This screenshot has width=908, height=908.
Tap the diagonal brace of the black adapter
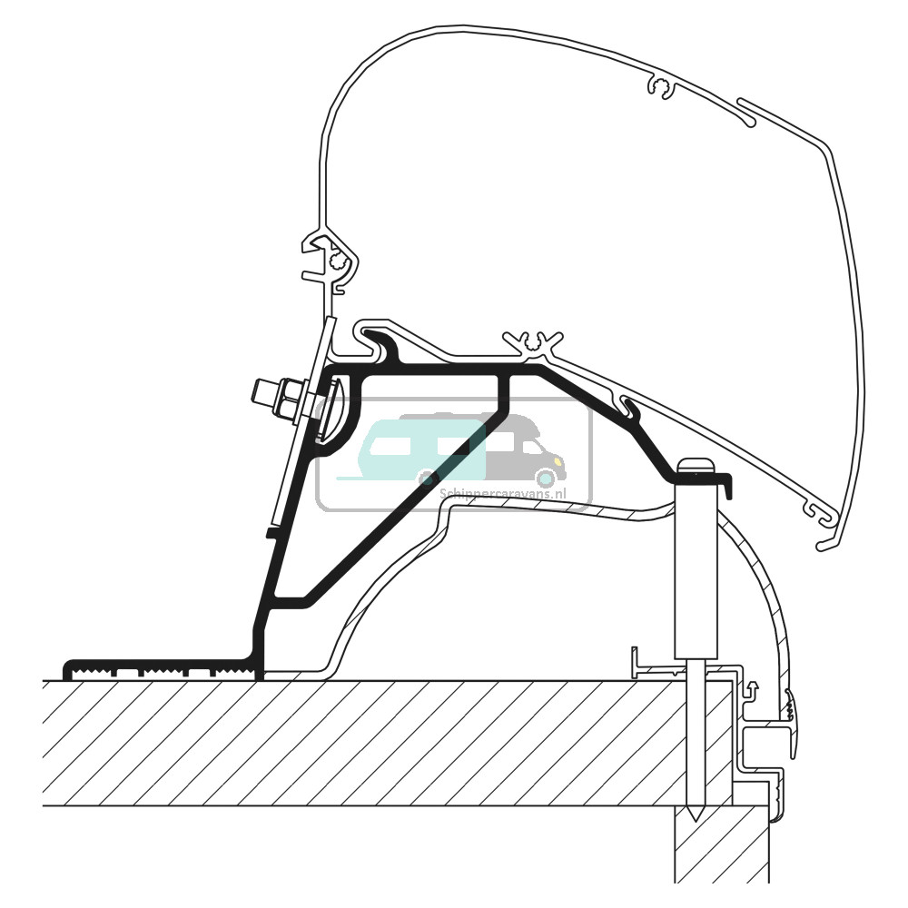click(x=400, y=508)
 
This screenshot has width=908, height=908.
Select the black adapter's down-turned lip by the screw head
click(x=726, y=486)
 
